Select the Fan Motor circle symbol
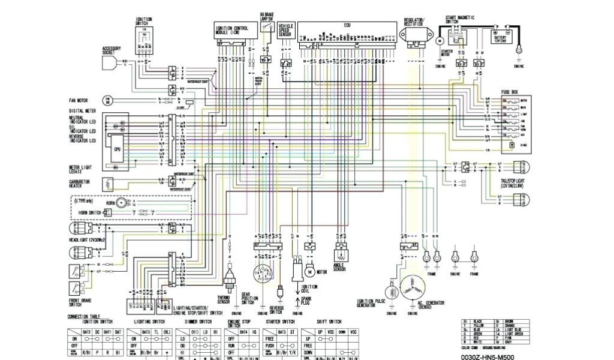click(109, 99)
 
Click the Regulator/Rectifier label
click(415, 22)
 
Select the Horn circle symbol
click(122, 203)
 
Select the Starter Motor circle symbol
click(438, 41)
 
